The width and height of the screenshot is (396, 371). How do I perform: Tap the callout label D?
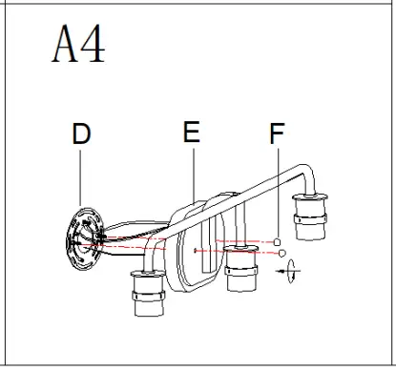pos(82,135)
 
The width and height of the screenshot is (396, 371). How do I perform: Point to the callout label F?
pos(277,135)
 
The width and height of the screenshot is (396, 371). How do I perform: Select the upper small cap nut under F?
pos(278,242)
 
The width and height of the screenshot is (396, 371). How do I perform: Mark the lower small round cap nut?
pos(280,253)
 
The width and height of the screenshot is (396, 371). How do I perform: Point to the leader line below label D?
pos(82,176)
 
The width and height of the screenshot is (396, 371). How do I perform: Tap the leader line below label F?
pos(277,191)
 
